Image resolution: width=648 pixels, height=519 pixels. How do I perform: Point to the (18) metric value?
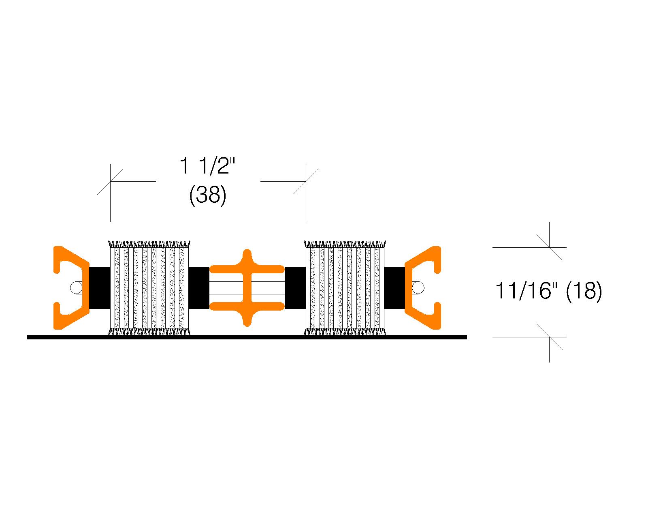click(584, 291)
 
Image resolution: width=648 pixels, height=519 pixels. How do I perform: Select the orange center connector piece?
click(247, 288)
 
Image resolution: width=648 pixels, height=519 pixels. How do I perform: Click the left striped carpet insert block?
click(149, 288)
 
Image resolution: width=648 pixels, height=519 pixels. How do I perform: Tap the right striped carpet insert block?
click(345, 288)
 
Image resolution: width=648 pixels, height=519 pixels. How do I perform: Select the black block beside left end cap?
click(100, 288)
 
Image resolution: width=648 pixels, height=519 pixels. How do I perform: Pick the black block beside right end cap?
click(395, 288)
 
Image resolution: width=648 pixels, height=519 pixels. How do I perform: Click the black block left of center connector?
click(199, 288)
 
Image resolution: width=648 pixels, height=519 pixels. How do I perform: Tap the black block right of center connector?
click(295, 288)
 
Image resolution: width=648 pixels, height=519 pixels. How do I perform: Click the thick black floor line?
click(247, 337)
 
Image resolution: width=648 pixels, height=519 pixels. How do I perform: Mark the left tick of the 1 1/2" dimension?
click(110, 181)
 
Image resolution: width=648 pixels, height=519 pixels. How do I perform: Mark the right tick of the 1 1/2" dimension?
click(306, 181)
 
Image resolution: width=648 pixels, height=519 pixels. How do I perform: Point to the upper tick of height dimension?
click(550, 247)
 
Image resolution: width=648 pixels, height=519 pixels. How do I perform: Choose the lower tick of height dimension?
click(550, 337)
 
